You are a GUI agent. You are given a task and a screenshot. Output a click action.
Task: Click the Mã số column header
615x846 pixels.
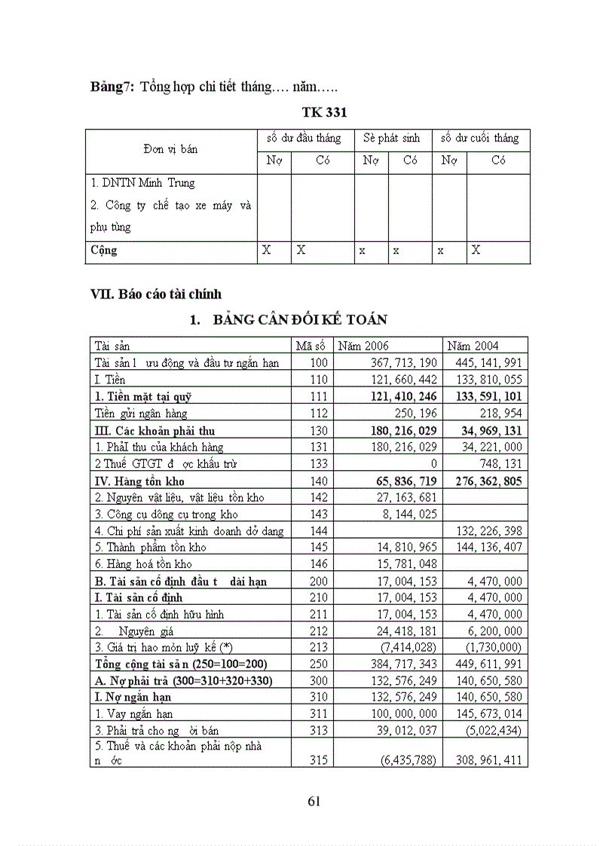click(x=311, y=346)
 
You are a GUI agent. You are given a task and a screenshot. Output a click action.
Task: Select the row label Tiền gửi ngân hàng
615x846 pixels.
click(x=141, y=413)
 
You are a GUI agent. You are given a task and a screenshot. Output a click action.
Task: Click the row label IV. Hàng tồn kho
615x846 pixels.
click(x=139, y=480)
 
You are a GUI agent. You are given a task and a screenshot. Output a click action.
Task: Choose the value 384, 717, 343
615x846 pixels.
click(x=399, y=664)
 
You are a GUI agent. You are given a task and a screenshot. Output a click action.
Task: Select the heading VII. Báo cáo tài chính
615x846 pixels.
click(x=156, y=295)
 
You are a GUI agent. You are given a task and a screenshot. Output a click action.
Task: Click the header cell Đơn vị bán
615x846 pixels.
click(x=170, y=149)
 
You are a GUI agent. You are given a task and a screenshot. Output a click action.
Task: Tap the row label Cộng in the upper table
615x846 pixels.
click(x=104, y=249)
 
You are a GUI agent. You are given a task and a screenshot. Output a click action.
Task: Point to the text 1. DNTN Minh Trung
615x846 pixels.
click(x=142, y=183)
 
